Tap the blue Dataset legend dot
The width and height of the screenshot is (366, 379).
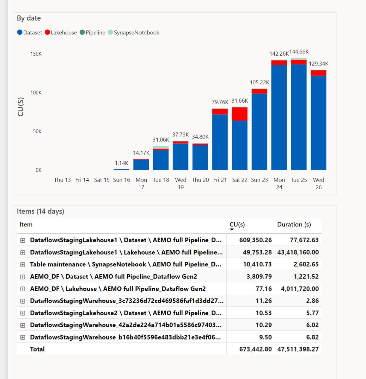20,33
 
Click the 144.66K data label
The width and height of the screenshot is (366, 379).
299,52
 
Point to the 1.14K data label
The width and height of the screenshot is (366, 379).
121,163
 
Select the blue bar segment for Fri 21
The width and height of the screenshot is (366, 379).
220,142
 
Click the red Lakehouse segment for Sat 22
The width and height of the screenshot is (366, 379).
240,114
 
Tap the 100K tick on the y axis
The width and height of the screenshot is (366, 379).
36,93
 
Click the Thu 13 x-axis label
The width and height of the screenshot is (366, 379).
62,180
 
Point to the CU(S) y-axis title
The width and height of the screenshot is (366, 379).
21,107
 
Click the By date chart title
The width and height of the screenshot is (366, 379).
29,18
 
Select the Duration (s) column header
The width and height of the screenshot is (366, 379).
294,225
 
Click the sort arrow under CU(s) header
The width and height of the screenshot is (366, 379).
232,230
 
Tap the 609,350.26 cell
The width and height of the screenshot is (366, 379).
255,240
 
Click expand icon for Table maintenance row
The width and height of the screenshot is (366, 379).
22,265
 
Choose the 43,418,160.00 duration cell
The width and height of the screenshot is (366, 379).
298,252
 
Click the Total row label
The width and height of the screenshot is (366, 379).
37,349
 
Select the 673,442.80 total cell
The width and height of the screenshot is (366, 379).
255,349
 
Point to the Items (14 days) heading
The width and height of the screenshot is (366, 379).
40,212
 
